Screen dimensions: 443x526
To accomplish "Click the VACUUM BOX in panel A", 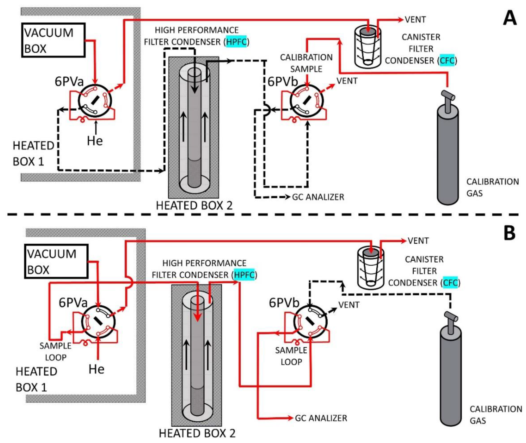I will (x=53, y=40).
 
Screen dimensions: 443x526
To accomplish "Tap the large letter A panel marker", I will (x=509, y=19).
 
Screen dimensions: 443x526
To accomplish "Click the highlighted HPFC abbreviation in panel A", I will (x=236, y=42).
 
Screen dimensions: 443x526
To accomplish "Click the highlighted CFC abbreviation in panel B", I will (x=450, y=283).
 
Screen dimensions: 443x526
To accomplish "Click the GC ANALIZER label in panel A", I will (x=318, y=197).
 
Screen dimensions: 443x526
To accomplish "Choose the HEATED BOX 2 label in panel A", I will (x=194, y=206).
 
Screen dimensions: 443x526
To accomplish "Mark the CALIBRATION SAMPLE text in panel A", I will (x=306, y=63).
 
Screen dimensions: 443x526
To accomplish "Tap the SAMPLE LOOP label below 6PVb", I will (x=291, y=356).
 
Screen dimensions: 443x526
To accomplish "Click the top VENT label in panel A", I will (x=415, y=20).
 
